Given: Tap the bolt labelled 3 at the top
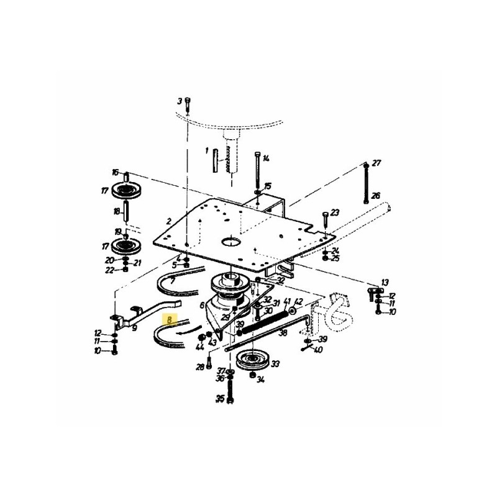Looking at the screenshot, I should [x=188, y=103].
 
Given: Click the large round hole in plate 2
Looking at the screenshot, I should [x=230, y=240].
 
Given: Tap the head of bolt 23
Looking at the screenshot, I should [x=324, y=215].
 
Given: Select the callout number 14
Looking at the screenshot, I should [x=266, y=158].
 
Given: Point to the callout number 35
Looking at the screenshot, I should [x=219, y=399].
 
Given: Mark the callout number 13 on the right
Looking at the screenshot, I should [x=385, y=283].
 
